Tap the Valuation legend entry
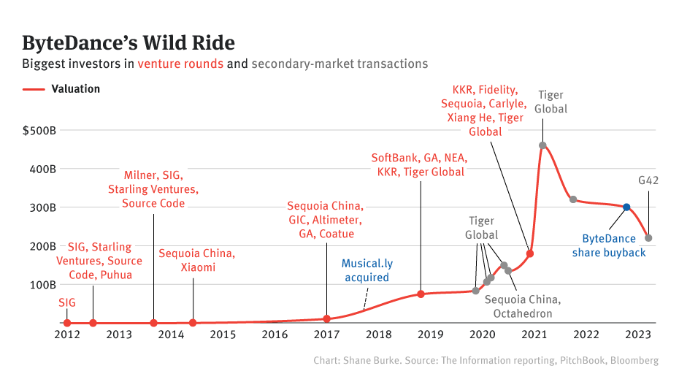(75, 89)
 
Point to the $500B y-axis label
(40, 131)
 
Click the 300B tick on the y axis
(44, 207)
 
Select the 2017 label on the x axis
(326, 335)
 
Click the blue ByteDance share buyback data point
(626, 207)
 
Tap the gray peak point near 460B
(542, 145)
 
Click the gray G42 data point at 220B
(648, 238)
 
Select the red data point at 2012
(67, 323)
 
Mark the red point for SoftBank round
(421, 294)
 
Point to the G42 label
(648, 180)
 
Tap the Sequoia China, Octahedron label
(523, 307)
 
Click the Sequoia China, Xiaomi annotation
(197, 261)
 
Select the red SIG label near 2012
(66, 302)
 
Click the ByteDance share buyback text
(614, 245)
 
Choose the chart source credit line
(486, 361)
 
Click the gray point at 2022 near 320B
(573, 199)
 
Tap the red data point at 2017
(326, 318)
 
